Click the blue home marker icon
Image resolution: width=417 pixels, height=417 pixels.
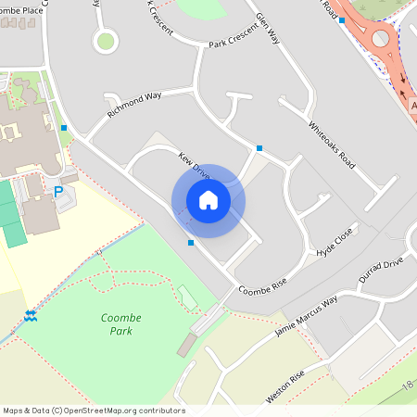208,200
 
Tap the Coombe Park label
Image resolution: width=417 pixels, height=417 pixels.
115,324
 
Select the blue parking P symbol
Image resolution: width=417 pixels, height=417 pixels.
58,192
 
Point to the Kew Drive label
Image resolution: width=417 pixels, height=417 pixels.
196,170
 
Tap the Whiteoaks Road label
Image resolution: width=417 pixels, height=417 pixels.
332,145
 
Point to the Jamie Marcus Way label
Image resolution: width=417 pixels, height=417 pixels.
306,315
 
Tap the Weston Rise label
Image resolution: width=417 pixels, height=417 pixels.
284,386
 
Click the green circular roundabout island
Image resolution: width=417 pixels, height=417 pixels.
106,40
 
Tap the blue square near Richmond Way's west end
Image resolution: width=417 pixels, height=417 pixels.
64,128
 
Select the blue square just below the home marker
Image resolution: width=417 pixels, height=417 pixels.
191,243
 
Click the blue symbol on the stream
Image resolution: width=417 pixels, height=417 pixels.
31,316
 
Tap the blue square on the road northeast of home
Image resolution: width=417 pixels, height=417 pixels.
259,148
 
